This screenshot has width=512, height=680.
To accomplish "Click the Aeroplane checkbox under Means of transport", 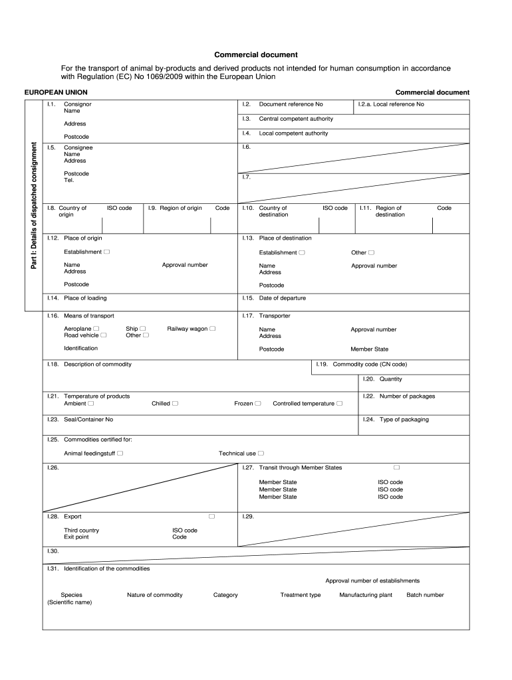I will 97,329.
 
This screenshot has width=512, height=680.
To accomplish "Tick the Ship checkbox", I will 142,329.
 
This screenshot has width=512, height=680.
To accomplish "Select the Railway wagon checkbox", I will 213,329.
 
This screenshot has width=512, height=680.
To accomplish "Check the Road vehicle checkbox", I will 103,335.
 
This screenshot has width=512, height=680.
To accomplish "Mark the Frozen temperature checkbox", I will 258,403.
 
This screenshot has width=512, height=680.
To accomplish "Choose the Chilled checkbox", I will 175,403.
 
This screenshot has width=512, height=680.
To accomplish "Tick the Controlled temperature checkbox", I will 340,403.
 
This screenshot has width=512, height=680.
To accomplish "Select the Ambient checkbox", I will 91,403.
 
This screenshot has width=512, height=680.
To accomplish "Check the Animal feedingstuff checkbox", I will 120,454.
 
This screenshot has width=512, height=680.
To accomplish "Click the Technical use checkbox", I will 261,454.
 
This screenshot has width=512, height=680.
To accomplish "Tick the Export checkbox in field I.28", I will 212,516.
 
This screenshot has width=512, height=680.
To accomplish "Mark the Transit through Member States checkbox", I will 396,467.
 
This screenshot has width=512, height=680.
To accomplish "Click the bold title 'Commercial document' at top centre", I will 255,54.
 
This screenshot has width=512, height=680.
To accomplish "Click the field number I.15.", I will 249,298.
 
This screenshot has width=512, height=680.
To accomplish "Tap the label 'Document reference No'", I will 291,104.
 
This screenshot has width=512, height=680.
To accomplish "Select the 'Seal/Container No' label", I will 88,420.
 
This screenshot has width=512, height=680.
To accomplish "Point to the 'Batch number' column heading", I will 425,595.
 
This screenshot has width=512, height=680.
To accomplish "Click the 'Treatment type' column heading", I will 301,595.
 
